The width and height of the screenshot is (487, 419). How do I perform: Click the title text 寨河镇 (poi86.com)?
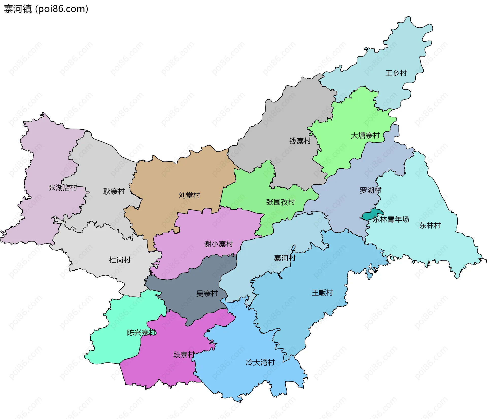(46, 9)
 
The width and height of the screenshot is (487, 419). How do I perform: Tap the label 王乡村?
(396, 73)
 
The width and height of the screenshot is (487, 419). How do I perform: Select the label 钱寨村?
(300, 141)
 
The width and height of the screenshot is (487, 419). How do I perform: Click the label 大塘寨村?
(365, 136)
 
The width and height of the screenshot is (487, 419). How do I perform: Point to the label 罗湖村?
(370, 190)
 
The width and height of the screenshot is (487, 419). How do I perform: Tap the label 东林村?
(430, 225)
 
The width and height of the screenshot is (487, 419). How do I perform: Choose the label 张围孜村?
(281, 202)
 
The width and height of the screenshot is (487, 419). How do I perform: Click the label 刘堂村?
(189, 195)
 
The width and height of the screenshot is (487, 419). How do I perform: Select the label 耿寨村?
(114, 191)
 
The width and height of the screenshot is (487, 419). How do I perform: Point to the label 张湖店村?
(63, 188)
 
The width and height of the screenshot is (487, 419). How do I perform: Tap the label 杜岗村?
(120, 260)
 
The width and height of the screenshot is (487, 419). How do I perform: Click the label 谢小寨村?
(218, 244)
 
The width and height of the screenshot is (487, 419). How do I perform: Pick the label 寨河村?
(285, 258)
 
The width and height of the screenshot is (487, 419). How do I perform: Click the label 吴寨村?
(207, 293)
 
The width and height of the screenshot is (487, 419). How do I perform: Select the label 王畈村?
(322, 293)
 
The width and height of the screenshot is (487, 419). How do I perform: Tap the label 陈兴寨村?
(142, 333)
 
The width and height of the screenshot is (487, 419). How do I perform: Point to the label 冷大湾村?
(260, 362)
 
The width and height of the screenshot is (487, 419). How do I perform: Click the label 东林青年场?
(391, 219)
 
